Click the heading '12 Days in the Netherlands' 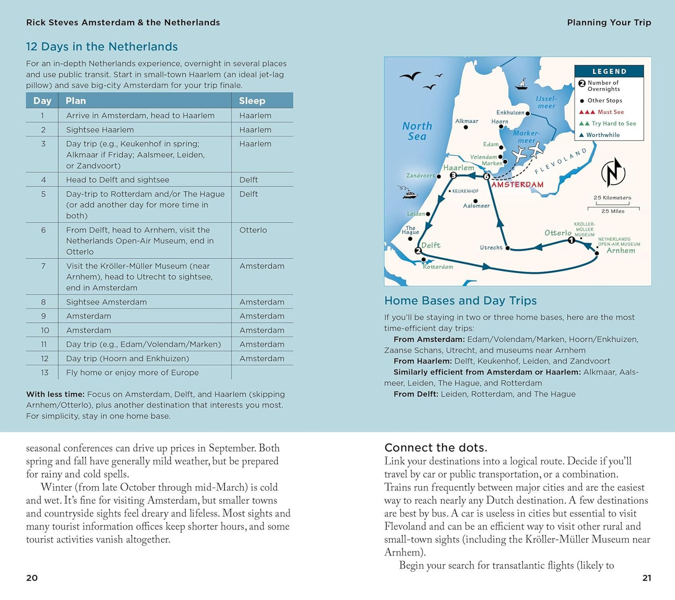(102, 47)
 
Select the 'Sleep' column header (252, 101)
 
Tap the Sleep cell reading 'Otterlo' (253, 230)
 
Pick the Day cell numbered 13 (44, 373)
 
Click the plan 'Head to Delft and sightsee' (118, 180)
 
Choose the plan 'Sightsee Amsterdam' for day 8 (107, 302)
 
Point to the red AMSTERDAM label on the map (518, 184)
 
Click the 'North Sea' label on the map (417, 131)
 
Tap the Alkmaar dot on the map (466, 127)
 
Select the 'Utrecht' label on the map (491, 248)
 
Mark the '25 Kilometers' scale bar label (612, 198)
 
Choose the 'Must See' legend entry (602, 112)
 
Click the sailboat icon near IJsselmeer (521, 84)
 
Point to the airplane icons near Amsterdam (528, 152)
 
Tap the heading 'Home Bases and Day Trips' (460, 301)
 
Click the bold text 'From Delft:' (416, 394)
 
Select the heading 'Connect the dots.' (435, 448)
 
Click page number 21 (647, 578)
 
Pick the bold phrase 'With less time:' (55, 395)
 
